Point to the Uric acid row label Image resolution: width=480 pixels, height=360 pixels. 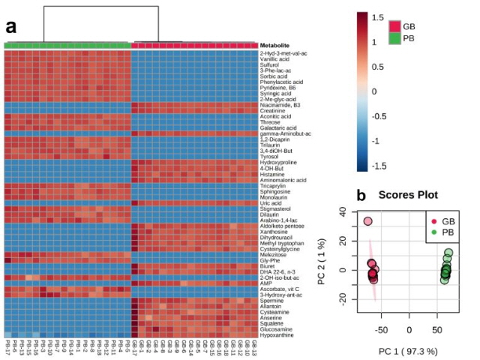coord(270,202)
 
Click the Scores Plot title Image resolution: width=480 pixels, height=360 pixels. coord(412,195)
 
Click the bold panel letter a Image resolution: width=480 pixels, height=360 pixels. coord(11,28)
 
